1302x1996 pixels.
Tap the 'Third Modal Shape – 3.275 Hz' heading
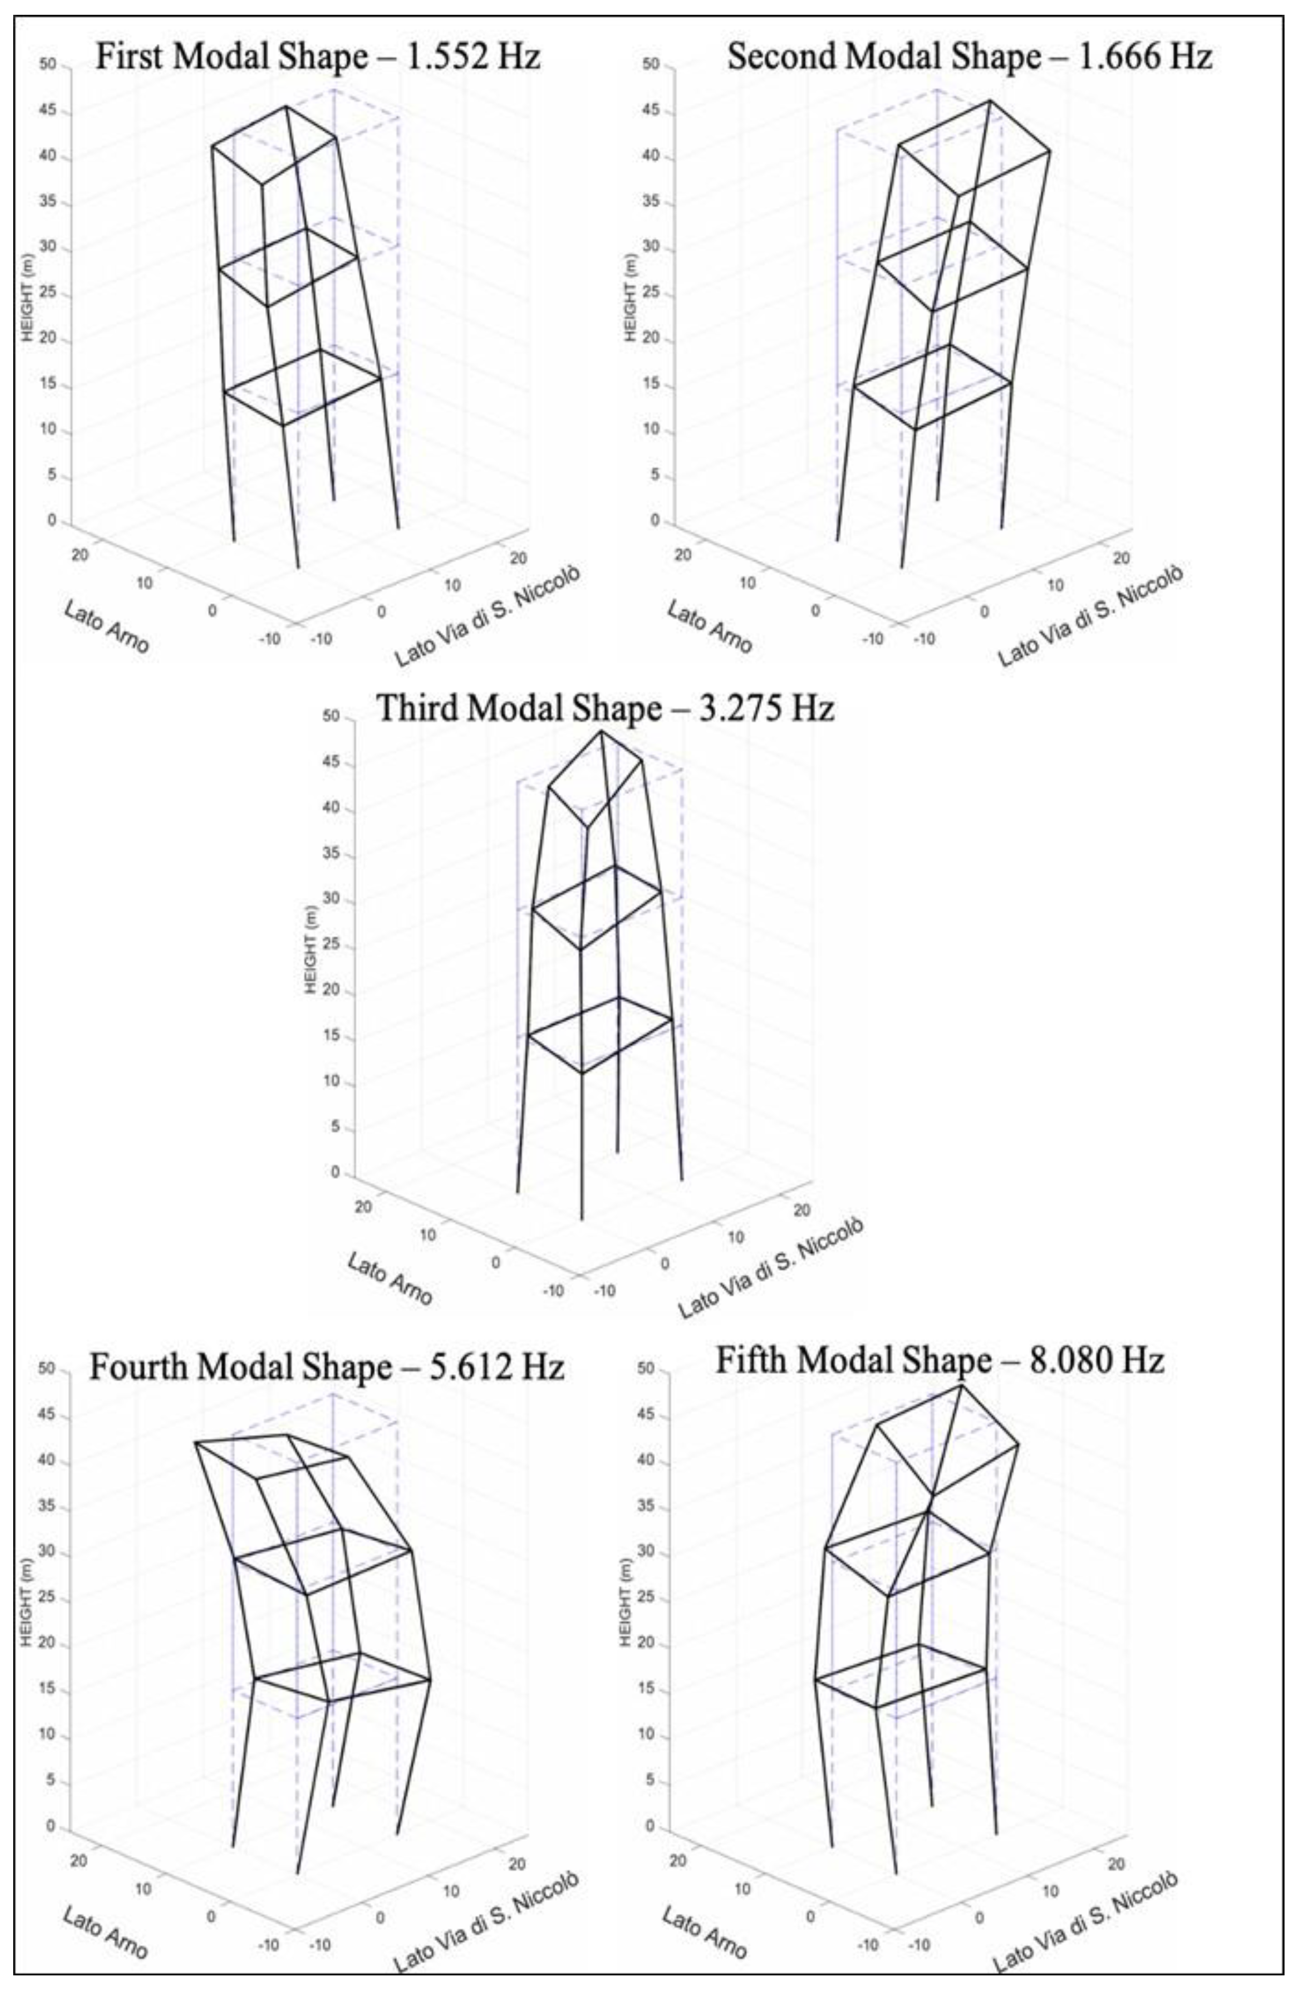[x=605, y=708]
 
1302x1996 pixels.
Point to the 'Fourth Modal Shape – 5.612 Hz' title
[x=326, y=1367]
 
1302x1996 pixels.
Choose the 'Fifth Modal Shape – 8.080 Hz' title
[x=940, y=1360]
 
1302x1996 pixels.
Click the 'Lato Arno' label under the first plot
[x=106, y=626]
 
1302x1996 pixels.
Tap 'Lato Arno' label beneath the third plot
[x=390, y=1278]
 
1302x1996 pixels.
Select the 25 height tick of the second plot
[x=650, y=295]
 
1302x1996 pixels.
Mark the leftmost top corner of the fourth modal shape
[x=195, y=1442]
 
